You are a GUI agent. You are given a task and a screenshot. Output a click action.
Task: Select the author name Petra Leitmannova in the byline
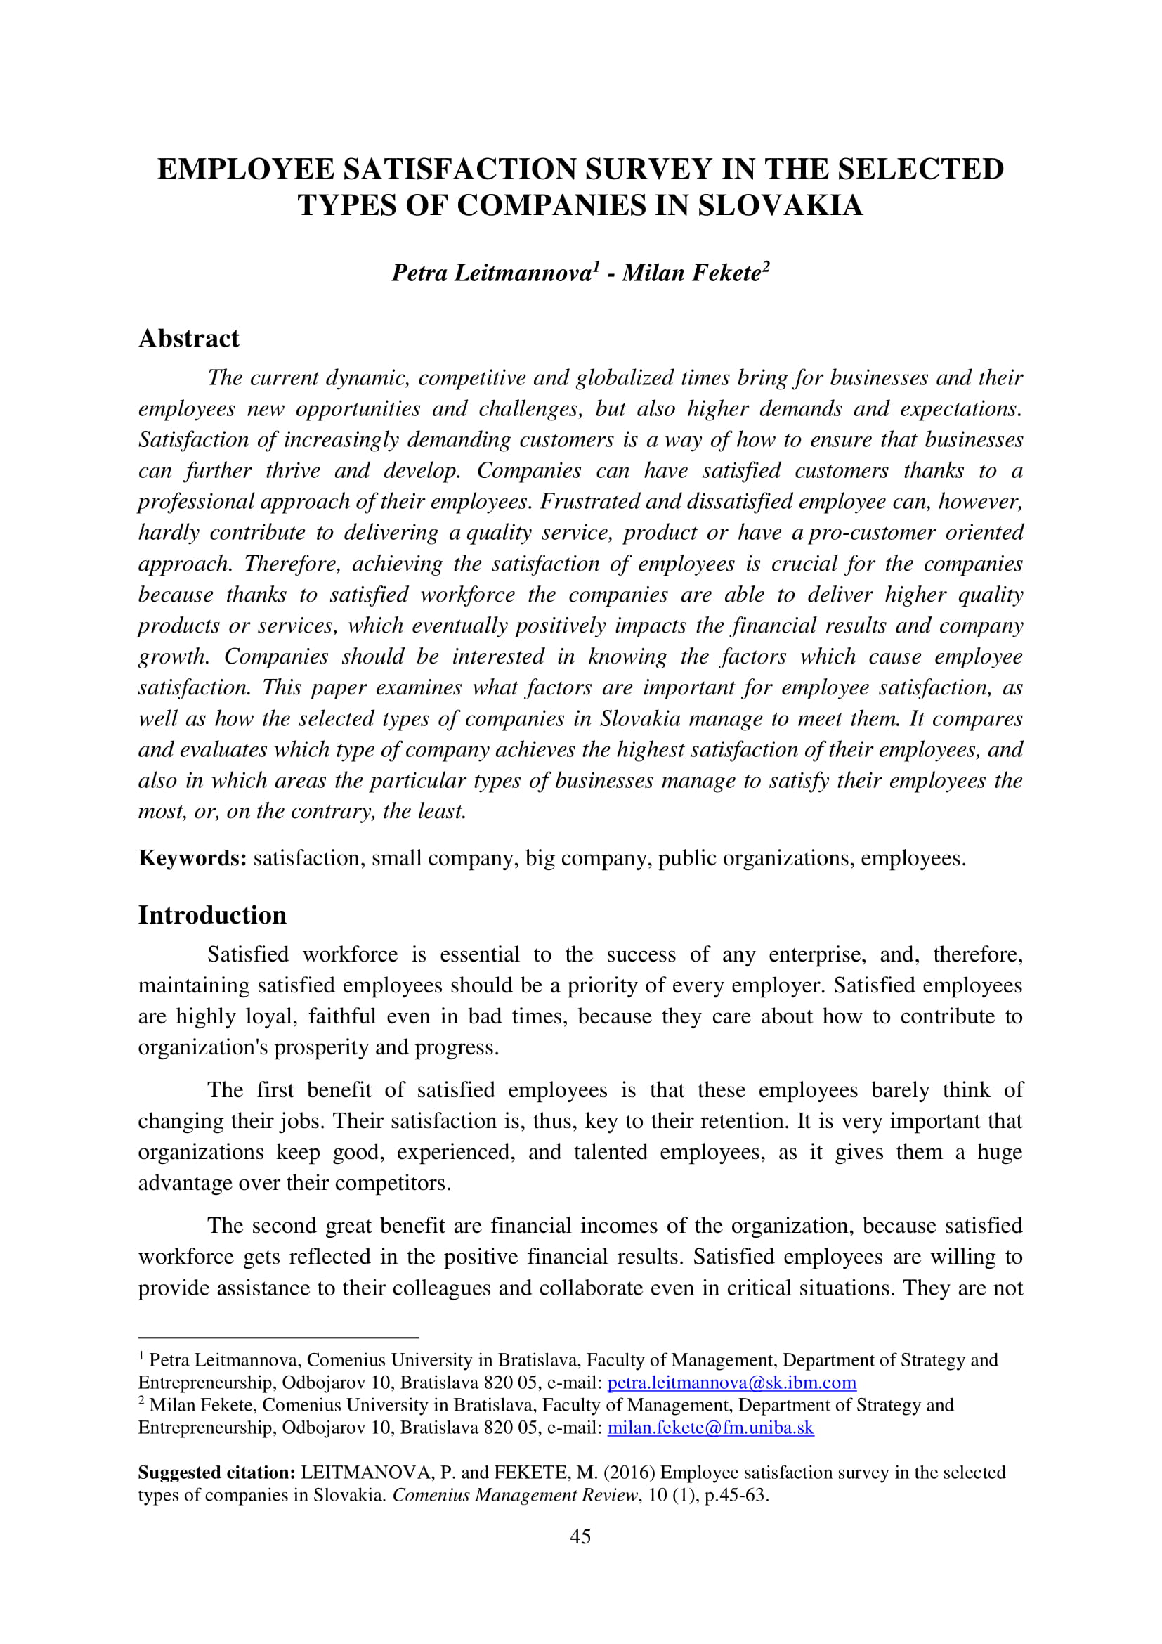491,273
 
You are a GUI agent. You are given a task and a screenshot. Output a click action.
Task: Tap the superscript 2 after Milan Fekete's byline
766,265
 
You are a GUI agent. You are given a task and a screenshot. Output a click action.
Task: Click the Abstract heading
189,338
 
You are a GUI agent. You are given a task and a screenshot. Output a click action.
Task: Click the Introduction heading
211,915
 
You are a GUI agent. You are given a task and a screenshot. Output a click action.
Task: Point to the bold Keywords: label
192,857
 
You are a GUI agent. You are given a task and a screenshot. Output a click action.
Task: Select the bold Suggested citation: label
216,1473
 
